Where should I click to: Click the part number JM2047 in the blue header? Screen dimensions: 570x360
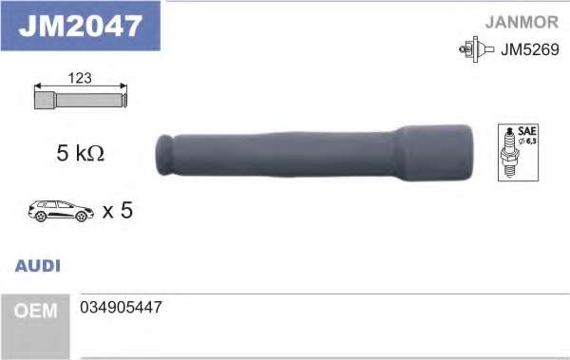pyautogui.click(x=80, y=26)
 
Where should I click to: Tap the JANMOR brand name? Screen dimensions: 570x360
pyautogui.click(x=522, y=22)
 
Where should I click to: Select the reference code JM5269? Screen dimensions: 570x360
pyautogui.click(x=530, y=49)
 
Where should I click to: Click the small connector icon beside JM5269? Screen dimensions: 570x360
pyautogui.click(x=477, y=49)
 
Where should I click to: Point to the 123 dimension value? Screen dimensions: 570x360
pyautogui.click(x=80, y=78)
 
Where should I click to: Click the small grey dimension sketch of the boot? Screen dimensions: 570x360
pyautogui.click(x=81, y=100)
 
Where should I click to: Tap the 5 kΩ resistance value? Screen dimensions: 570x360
pyautogui.click(x=81, y=153)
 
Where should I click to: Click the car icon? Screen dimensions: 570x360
pyautogui.click(x=61, y=211)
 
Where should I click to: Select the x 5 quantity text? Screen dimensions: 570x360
pyautogui.click(x=118, y=210)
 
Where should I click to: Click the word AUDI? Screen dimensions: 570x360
pyautogui.click(x=37, y=266)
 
